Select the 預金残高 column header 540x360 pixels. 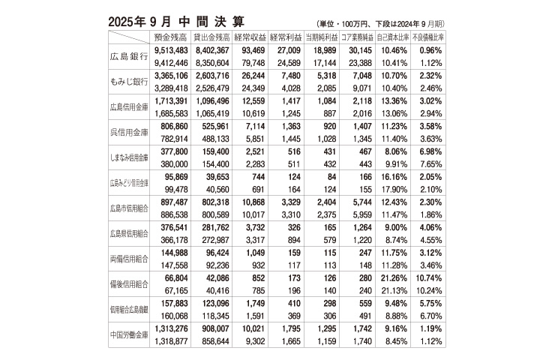[170, 37]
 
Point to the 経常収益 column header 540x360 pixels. [250, 37]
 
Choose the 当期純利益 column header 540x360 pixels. [322, 37]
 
